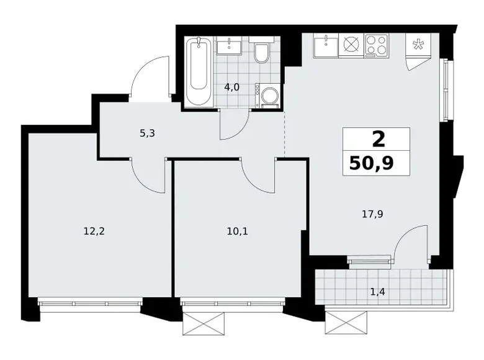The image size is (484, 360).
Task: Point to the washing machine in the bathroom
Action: tap(267, 96)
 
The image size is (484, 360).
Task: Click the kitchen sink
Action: tap(326, 45)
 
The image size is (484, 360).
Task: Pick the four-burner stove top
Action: tap(377, 45)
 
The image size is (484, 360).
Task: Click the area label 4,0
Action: tap(231, 88)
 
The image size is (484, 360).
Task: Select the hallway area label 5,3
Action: tap(147, 133)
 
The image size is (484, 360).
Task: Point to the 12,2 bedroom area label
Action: tap(94, 231)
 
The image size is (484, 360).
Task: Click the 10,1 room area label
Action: tap(238, 232)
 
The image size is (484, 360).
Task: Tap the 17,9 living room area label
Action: tap(372, 214)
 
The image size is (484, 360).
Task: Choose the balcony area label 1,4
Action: tap(377, 292)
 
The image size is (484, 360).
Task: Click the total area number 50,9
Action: tap(372, 163)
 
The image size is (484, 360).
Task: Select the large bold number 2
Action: tap(379, 139)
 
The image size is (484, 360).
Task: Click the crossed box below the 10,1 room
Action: tap(203, 323)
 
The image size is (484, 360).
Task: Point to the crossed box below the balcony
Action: tap(346, 322)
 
